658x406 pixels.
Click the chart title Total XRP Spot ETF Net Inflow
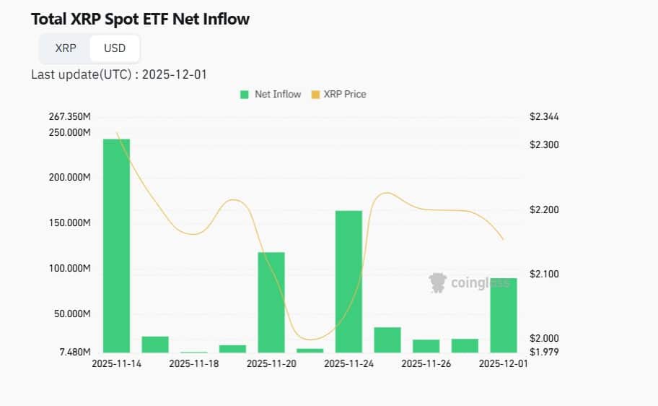(140, 20)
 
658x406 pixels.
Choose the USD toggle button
(115, 48)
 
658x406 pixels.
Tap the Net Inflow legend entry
(271, 94)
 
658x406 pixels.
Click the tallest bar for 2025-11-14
(116, 245)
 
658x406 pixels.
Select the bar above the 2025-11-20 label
(271, 302)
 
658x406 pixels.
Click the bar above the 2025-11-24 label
(348, 281)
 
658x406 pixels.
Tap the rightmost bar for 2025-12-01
(504, 315)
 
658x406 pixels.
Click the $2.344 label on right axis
(544, 116)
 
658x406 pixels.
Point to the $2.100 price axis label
(544, 274)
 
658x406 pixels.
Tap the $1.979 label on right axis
(544, 352)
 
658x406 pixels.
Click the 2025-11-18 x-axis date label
(193, 364)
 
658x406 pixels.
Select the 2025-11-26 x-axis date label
(426, 364)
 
